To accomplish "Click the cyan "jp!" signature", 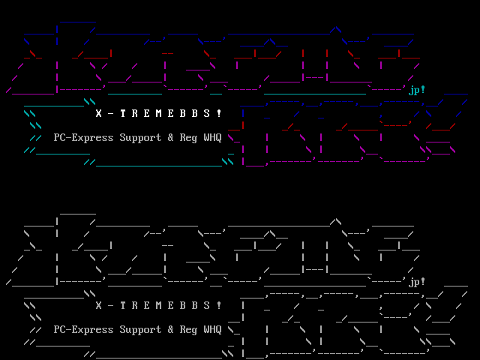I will [x=417, y=91].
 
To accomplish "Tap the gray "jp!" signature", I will [x=417, y=282].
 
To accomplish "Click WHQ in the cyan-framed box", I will [x=213, y=138].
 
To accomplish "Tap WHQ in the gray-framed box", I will [x=213, y=329].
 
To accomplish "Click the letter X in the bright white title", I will [x=99, y=114].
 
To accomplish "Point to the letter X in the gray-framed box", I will [x=99, y=305].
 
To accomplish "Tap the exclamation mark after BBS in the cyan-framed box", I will [x=219, y=114].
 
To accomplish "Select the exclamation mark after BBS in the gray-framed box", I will [x=219, y=305].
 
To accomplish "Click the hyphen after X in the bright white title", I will [x=111, y=114].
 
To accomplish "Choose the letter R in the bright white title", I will [x=135, y=114].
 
